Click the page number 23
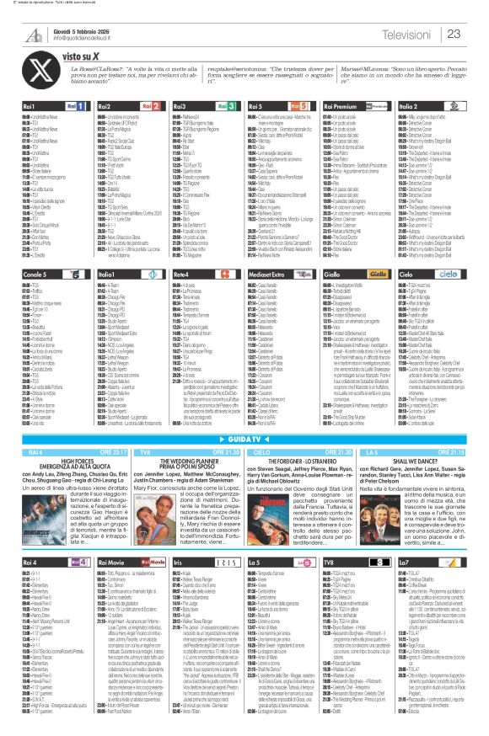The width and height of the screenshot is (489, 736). tap(476, 33)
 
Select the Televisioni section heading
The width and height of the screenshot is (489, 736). tap(406, 34)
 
